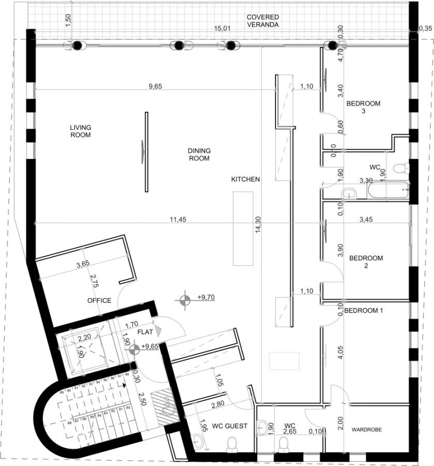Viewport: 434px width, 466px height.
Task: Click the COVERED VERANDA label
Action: pyautogui.click(x=263, y=20)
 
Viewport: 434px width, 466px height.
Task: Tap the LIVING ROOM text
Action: pyautogui.click(x=81, y=131)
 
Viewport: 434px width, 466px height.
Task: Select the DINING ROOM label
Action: pyautogui.click(x=199, y=154)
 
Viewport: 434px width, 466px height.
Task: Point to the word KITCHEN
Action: pyautogui.click(x=245, y=179)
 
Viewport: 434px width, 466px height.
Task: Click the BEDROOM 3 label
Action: pyautogui.click(x=363, y=107)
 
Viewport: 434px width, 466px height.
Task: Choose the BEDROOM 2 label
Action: pyautogui.click(x=366, y=262)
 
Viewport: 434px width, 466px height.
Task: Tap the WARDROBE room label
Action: pyautogui.click(x=367, y=430)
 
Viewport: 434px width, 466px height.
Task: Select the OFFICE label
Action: pyautogui.click(x=99, y=300)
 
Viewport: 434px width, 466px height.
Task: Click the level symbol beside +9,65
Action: pyautogui.click(x=134, y=349)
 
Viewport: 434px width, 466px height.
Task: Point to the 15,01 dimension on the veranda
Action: pyautogui.click(x=222, y=28)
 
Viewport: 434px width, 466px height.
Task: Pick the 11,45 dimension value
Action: pyautogui.click(x=178, y=220)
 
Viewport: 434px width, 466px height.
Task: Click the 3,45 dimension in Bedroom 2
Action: pyautogui.click(x=366, y=220)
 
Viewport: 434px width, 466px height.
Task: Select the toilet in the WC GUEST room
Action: pyautogui.click(x=232, y=443)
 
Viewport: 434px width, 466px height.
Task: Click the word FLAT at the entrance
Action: pyautogui.click(x=145, y=332)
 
